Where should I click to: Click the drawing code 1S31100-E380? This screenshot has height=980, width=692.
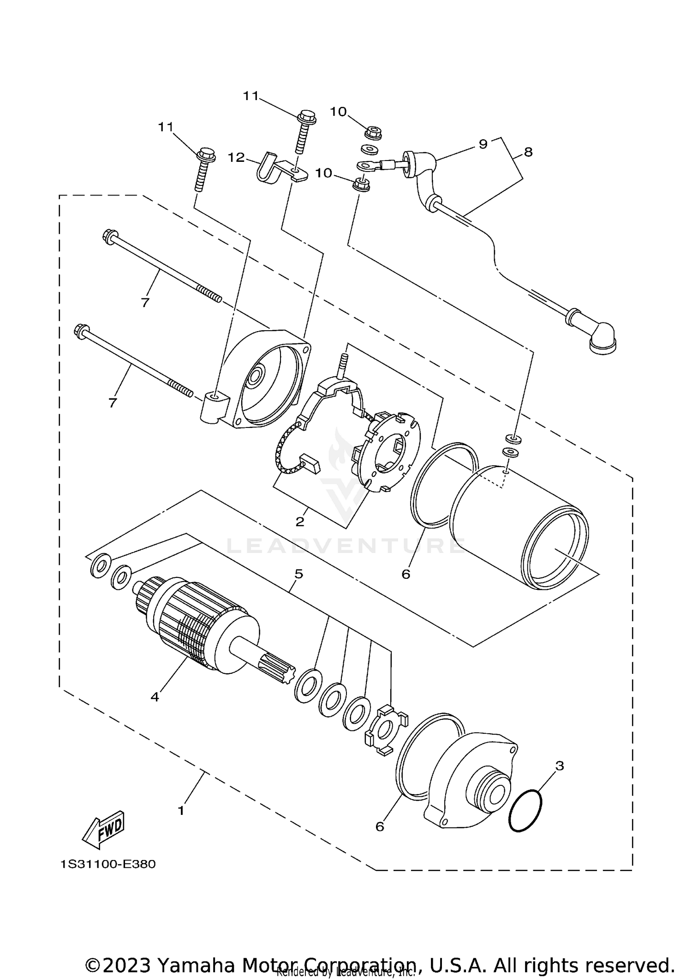(x=108, y=864)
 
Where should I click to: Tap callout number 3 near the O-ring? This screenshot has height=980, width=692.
(x=559, y=766)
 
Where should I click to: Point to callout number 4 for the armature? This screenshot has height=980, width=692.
(x=155, y=697)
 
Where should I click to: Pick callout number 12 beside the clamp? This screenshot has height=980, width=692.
(x=236, y=157)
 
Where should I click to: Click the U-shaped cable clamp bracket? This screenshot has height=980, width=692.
(x=268, y=170)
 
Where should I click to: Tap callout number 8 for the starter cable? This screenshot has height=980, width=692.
(x=528, y=152)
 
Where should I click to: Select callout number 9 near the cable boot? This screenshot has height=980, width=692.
(x=483, y=144)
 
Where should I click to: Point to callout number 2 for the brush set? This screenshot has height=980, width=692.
(x=300, y=522)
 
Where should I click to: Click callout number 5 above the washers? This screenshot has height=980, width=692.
(x=298, y=574)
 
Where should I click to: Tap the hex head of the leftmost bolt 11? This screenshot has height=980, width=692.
(x=206, y=153)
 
